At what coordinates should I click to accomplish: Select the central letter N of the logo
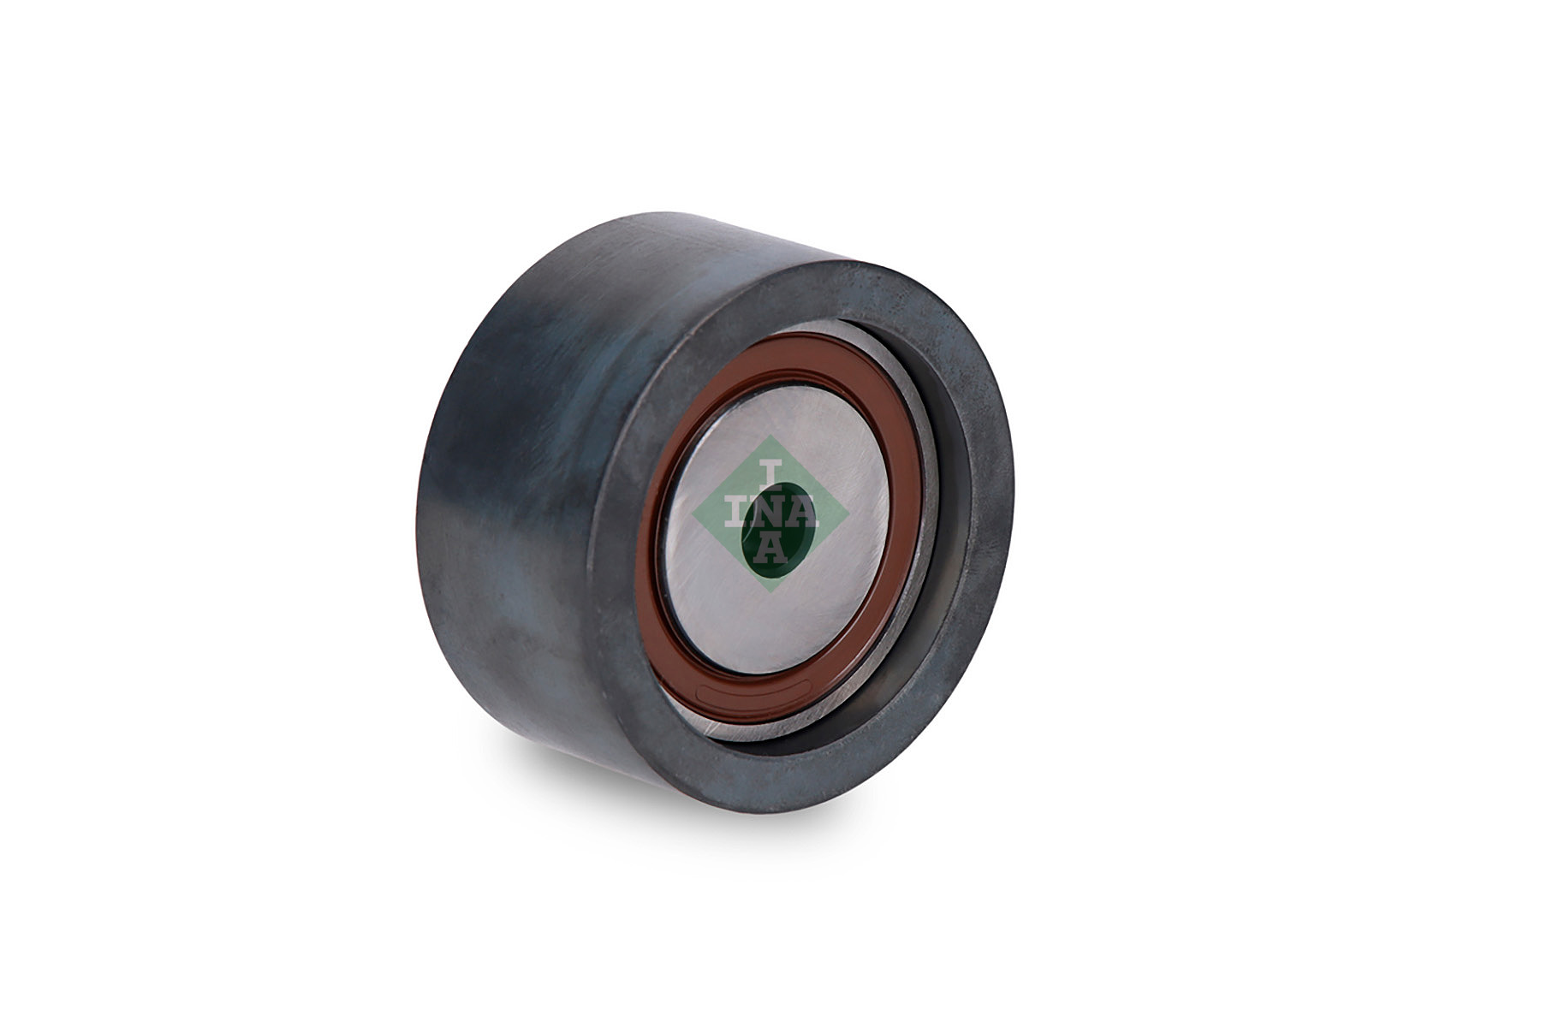762,513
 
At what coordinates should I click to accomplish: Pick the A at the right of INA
800,513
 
